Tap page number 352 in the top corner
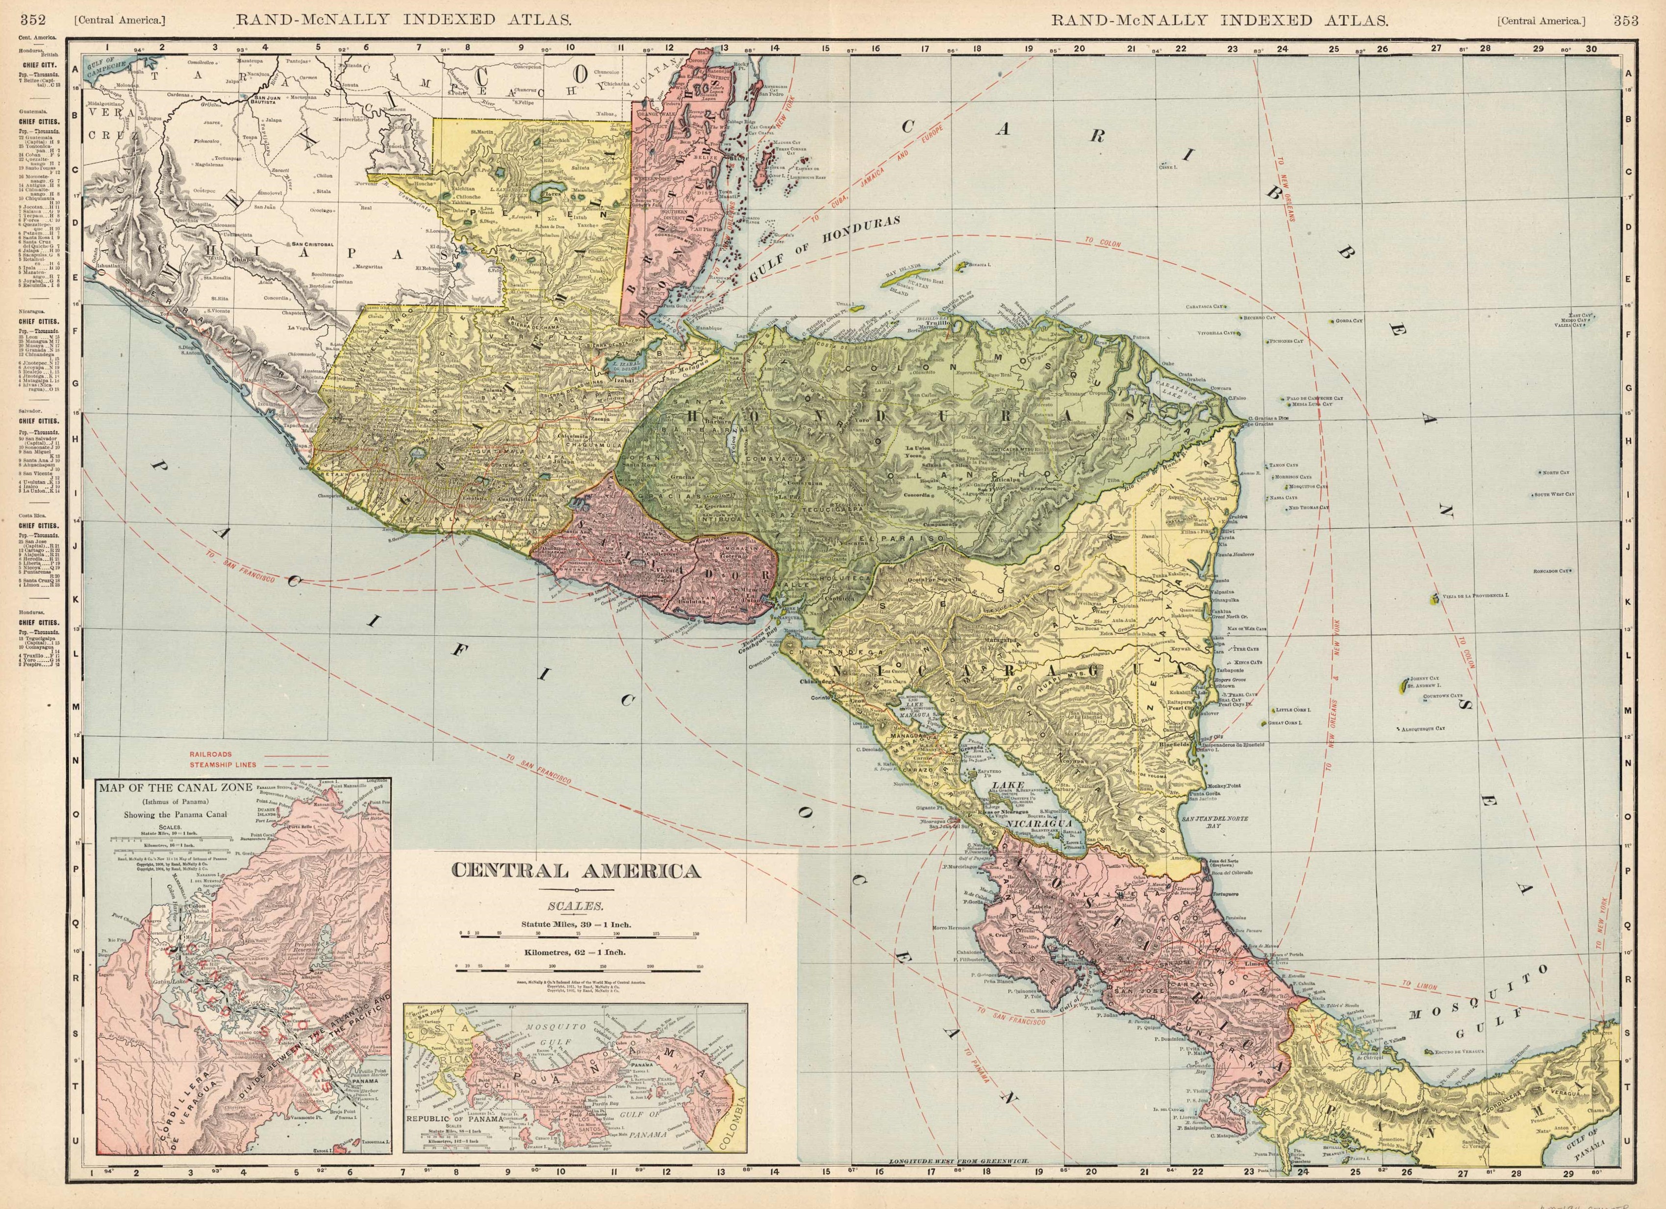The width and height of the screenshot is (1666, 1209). [x=34, y=21]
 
